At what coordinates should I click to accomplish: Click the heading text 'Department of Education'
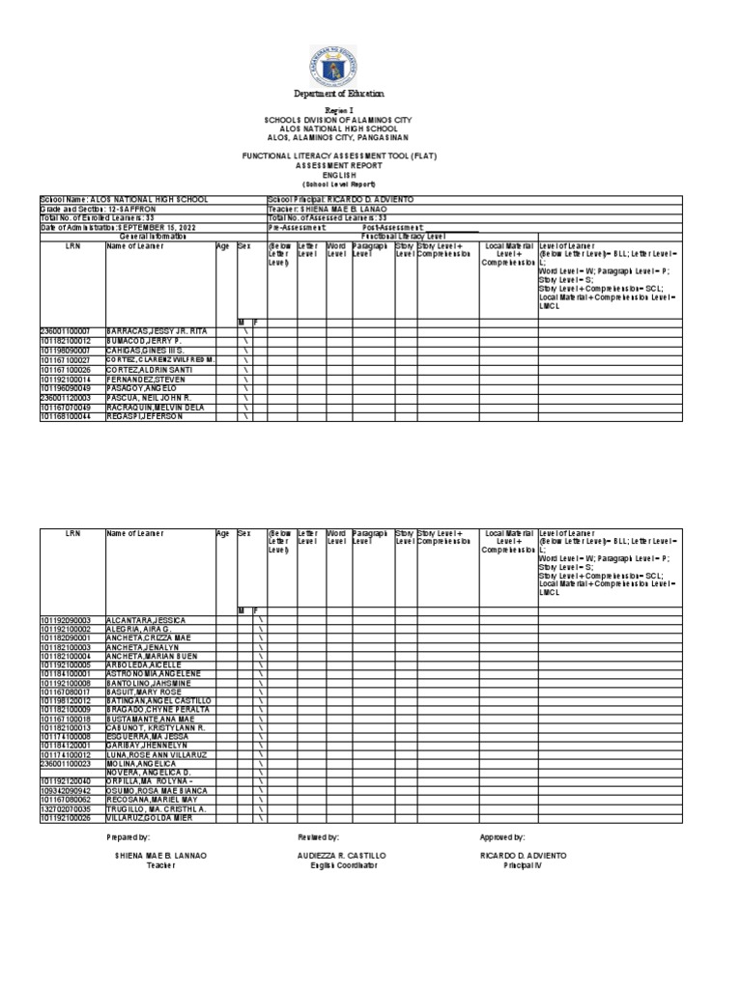[339, 94]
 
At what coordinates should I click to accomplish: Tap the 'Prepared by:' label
[130, 837]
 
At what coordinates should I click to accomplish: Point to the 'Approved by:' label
[502, 837]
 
